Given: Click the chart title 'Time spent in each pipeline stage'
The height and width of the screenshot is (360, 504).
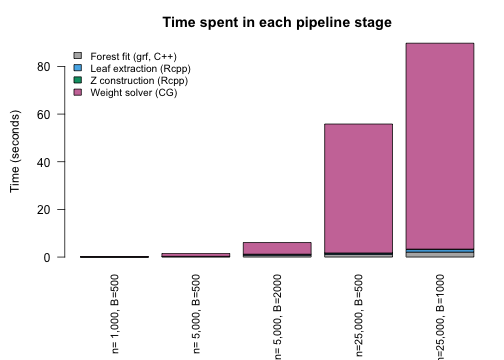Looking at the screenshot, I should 276,22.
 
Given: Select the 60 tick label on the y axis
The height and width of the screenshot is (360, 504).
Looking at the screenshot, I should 43,114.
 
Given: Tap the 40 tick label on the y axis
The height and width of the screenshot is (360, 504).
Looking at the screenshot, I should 43,162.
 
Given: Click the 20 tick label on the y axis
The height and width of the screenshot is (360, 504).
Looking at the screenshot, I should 43,210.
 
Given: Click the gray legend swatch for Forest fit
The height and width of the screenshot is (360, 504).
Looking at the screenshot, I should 77,56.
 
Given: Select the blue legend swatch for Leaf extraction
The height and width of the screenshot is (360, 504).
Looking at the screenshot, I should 77,68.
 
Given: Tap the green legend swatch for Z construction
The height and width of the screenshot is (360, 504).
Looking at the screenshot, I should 77,80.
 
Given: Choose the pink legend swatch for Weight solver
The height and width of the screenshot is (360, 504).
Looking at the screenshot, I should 77,92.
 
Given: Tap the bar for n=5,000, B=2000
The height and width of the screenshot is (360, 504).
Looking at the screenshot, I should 277,248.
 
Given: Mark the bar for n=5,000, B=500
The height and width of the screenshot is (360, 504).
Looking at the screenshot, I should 196,255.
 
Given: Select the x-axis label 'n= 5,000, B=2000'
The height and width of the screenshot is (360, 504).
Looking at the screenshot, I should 277,316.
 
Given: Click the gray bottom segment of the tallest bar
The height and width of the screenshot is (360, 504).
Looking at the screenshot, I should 439,254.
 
